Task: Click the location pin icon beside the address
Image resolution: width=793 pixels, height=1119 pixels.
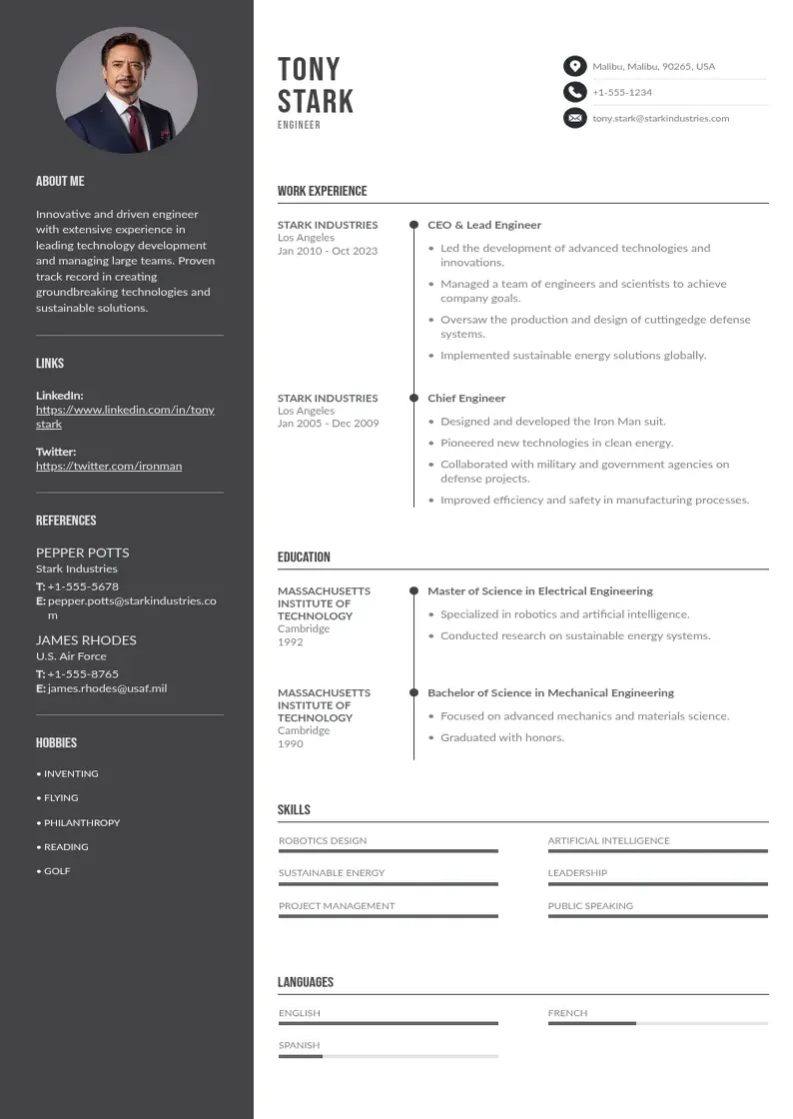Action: tap(574, 67)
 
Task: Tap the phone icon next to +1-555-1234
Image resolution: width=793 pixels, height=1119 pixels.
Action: tap(574, 92)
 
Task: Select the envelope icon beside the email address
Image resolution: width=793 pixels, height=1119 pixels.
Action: tap(574, 118)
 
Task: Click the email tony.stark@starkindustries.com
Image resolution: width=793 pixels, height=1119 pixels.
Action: tap(660, 118)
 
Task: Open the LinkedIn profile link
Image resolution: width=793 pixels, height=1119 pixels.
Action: tap(125, 417)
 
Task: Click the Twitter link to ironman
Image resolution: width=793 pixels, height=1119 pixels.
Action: tap(109, 466)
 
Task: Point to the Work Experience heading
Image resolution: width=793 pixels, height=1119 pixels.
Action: tap(322, 191)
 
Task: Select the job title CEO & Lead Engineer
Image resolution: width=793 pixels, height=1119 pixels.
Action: tap(484, 225)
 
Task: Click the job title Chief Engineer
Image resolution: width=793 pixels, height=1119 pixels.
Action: tap(466, 398)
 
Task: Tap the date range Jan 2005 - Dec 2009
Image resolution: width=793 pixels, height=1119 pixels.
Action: tap(328, 423)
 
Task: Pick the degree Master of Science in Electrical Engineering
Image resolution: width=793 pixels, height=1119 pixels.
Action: tap(539, 590)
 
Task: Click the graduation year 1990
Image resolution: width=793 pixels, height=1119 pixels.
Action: tap(290, 743)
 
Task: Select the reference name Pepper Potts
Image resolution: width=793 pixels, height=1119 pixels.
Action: tap(82, 553)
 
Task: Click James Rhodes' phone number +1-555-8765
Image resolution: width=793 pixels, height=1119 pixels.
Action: tap(83, 674)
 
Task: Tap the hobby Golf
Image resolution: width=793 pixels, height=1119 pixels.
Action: tap(56, 871)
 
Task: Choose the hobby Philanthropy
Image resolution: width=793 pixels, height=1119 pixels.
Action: tap(81, 822)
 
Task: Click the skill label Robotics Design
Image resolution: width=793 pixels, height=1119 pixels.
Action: tap(323, 841)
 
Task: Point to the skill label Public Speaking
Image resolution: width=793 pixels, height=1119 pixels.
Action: tap(590, 906)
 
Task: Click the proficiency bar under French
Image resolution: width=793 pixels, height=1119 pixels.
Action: tap(657, 1023)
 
